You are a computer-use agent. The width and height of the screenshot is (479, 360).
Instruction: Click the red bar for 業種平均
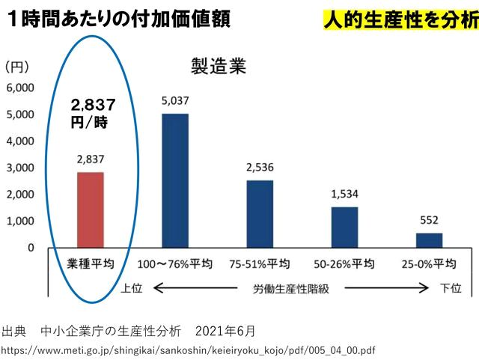coord(91,210)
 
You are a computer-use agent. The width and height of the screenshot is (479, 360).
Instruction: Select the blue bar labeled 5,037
coord(175,180)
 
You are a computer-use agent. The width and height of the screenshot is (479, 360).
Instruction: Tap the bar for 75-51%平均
coord(260,213)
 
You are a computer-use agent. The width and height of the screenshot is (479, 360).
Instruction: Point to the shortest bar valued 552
coord(429,240)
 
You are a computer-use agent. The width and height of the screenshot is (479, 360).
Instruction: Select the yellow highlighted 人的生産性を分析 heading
coord(401,20)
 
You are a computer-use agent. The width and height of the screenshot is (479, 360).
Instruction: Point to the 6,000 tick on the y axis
coord(20,88)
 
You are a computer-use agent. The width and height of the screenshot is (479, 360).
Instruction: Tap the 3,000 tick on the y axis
coord(20,168)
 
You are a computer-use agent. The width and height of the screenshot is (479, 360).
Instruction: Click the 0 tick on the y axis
coord(31,248)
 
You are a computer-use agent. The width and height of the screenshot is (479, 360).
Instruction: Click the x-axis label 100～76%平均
coord(175,264)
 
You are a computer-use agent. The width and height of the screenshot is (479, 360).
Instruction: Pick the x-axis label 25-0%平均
coord(429,264)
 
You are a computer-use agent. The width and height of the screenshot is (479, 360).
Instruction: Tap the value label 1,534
coord(344,195)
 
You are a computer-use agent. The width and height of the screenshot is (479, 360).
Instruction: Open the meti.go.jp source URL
coord(188,350)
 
